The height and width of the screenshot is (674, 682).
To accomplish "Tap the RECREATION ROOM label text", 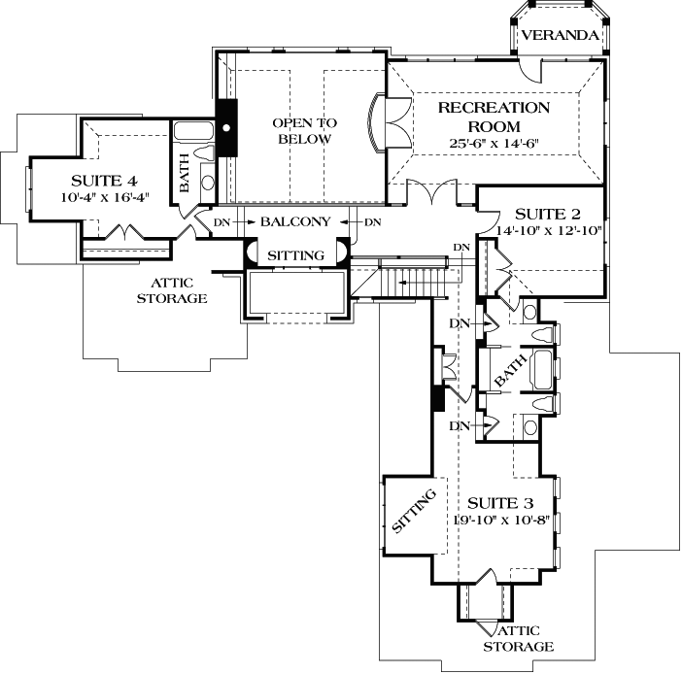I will pos(494,117).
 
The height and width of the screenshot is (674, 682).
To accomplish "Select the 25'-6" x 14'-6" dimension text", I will pos(494,143).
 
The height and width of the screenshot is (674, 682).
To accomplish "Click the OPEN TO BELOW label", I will pos(303,131).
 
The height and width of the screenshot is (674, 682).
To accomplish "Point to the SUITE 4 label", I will pos(103,181).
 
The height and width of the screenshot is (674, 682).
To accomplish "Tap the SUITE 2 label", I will pos(547,214).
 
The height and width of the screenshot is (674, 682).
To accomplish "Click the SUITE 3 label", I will pos(500,503).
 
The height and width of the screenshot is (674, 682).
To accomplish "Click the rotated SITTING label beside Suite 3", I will pos(411,511).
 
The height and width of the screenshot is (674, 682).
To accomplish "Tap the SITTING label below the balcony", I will pos(296,255).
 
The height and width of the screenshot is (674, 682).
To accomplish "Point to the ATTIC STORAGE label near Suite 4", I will pos(172,291).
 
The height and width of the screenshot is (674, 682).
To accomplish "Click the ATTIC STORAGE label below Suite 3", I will pos(520,638).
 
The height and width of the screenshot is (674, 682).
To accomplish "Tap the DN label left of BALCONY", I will pos(221,222).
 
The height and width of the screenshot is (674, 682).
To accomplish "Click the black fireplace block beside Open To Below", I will pos(226,127).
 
